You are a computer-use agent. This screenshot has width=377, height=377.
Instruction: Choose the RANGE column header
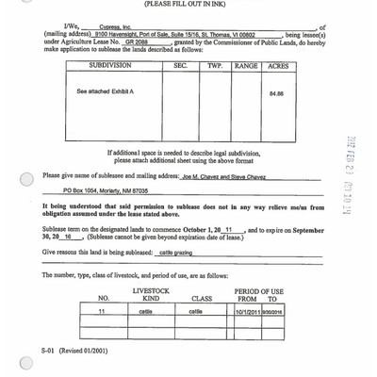pos(246,68)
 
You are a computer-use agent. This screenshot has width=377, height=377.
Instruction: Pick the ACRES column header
pos(277,68)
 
